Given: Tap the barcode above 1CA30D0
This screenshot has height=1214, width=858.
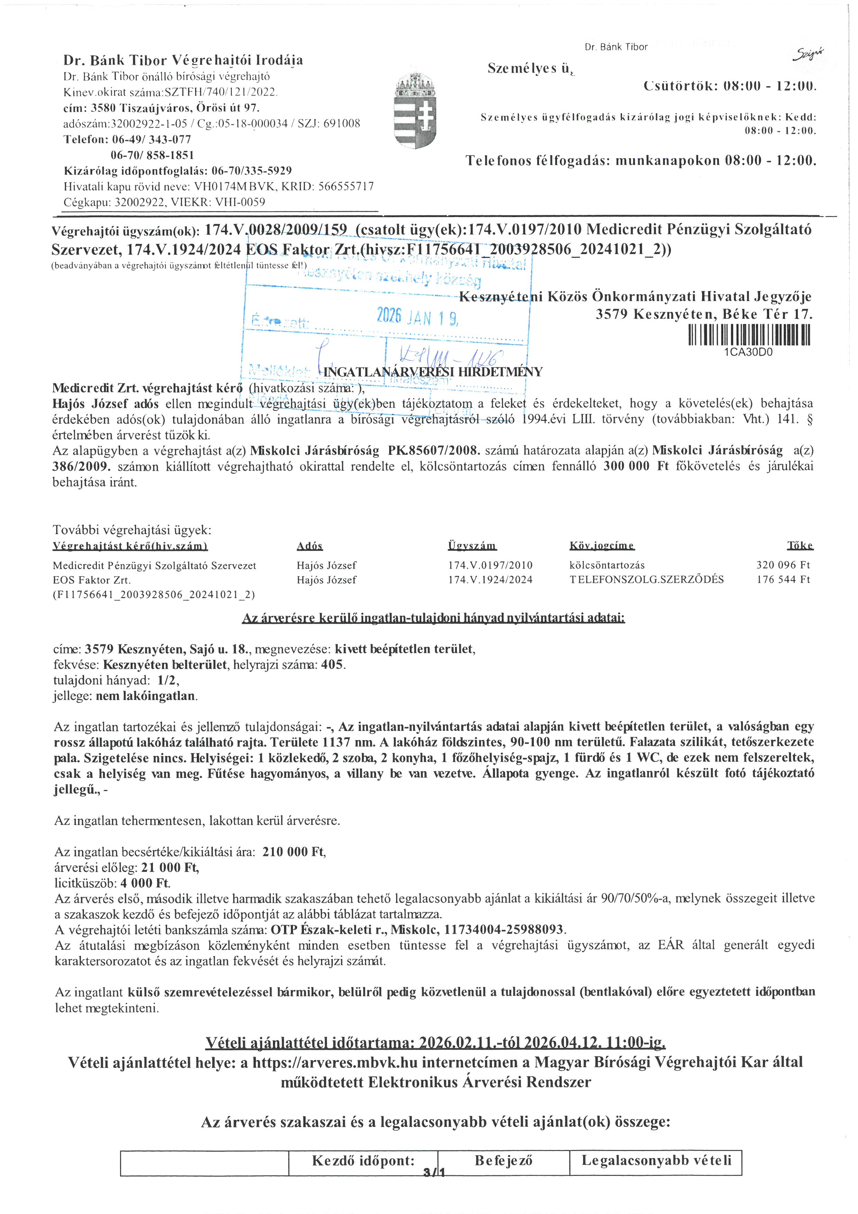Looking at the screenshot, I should click(x=749, y=335).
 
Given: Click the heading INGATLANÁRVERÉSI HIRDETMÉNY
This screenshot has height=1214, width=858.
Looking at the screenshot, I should click(x=433, y=372).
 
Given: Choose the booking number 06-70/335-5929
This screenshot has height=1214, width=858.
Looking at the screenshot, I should click(x=252, y=171).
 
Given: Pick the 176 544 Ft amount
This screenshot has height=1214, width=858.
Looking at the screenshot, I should click(x=783, y=579).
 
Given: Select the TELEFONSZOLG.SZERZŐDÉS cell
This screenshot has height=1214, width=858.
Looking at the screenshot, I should click(x=646, y=579).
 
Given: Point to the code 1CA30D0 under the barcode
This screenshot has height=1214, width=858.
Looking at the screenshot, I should click(x=749, y=352).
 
